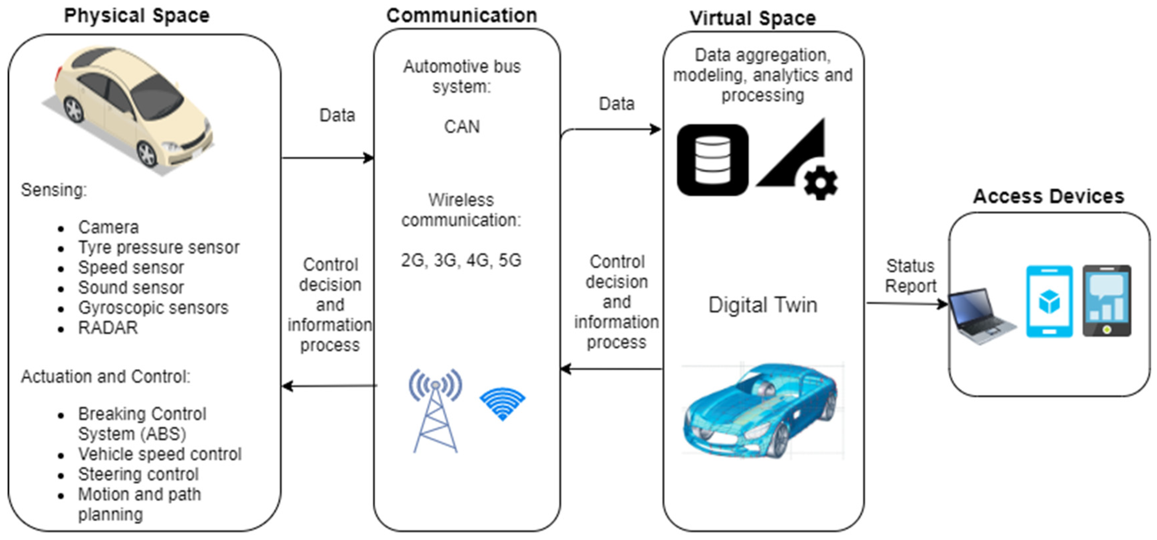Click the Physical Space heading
137,16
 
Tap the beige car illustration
130,108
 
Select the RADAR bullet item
108,328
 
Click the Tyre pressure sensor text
159,247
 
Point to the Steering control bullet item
138,474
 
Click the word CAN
462,127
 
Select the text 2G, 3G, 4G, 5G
461,260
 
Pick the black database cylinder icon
712,160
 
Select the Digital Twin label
762,305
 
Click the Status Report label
910,276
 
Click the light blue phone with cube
1049,301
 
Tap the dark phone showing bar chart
1107,301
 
